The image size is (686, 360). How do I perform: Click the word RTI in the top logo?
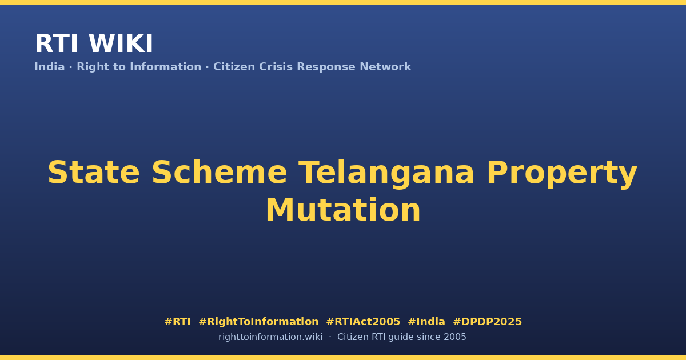[57, 43]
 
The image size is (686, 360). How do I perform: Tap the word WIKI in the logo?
[121, 43]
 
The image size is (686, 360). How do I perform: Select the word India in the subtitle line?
[50, 67]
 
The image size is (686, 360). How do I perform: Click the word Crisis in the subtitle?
[276, 67]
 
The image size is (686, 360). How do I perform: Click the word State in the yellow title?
[94, 173]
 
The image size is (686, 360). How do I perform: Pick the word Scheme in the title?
[220, 173]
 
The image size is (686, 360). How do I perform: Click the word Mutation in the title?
[343, 210]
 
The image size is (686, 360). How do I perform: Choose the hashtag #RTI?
[177, 322]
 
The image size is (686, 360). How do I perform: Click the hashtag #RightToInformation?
[258, 322]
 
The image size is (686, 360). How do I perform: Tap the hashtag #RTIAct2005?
[363, 322]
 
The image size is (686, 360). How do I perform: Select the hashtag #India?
[426, 322]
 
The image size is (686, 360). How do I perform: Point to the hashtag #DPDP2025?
[487, 322]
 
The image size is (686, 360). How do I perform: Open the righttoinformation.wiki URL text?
[270, 337]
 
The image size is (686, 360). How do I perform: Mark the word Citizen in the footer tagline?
[353, 337]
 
